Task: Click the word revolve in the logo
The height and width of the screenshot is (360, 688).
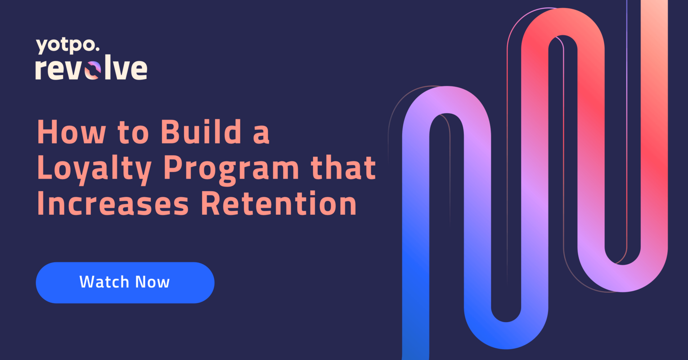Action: tap(91, 69)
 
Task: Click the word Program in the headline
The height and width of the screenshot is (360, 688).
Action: tap(231, 169)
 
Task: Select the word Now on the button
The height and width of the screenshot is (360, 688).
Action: tap(153, 282)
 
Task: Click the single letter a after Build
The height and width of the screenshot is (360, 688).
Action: tap(261, 134)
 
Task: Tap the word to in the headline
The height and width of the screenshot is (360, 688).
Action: tap(133, 133)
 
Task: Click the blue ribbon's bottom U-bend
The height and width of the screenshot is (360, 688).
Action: tap(506, 336)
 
